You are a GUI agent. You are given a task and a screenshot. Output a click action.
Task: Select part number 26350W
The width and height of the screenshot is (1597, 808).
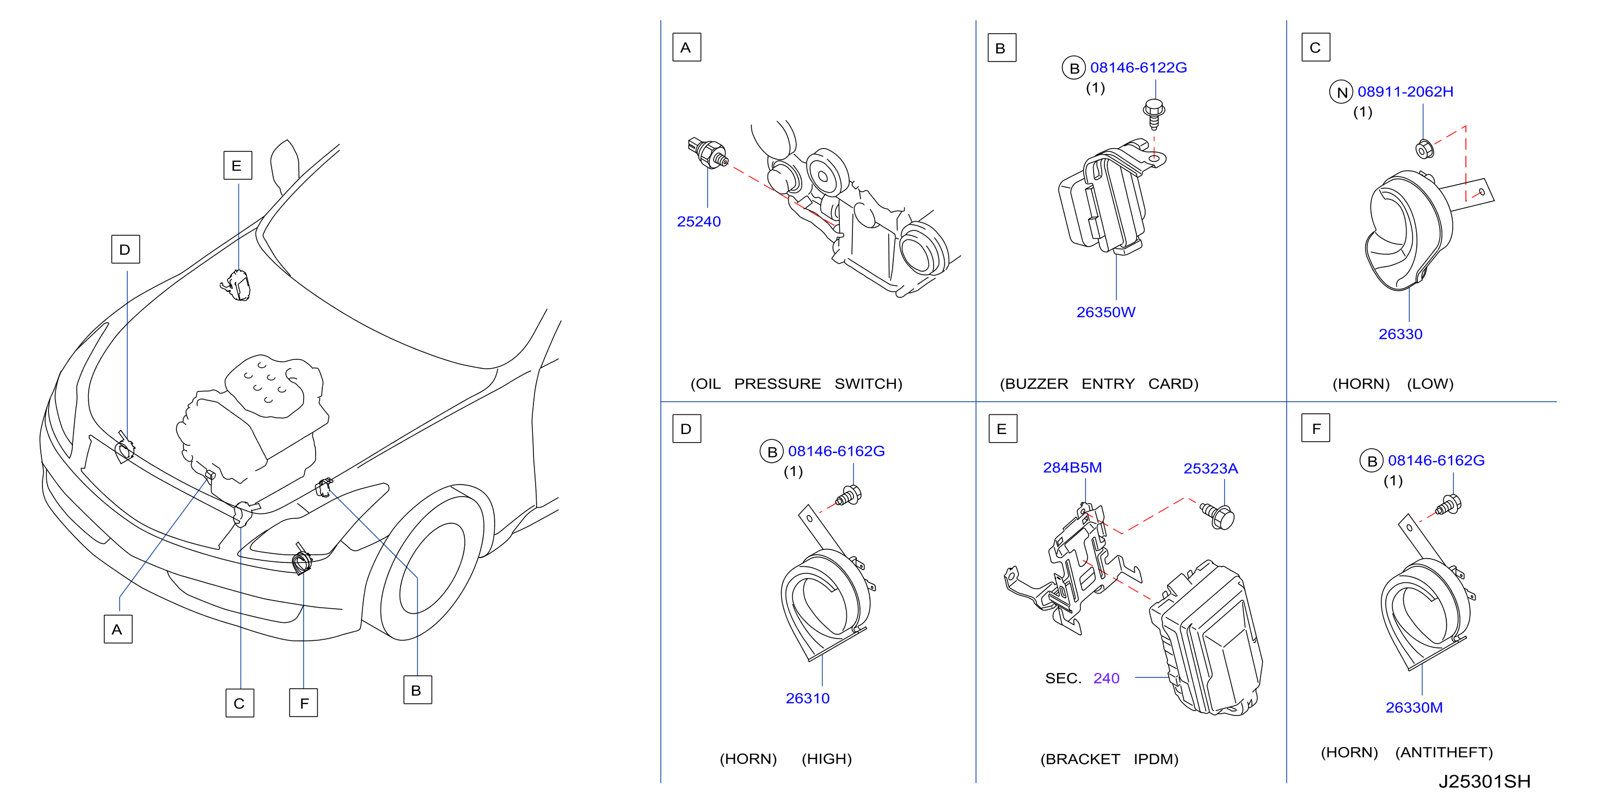1105,312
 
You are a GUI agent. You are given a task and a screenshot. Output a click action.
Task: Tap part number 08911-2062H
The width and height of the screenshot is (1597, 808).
1405,92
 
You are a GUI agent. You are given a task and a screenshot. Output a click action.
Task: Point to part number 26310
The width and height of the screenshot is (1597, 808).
807,698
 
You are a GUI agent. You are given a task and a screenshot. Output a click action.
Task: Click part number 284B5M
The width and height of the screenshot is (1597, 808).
1072,468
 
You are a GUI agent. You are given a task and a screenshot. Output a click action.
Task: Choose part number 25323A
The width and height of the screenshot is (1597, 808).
1210,468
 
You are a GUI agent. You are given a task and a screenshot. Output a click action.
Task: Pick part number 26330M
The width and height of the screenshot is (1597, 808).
1414,707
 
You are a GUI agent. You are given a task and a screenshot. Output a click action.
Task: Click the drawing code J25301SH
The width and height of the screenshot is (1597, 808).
1484,781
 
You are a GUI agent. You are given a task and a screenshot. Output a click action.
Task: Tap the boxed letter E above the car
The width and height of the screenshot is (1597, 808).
237,166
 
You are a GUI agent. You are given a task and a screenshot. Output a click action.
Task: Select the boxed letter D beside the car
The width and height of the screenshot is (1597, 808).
125,249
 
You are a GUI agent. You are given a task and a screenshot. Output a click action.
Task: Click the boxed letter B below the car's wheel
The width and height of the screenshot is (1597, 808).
417,690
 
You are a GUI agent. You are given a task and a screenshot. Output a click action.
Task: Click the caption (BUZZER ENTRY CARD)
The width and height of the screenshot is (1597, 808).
1098,384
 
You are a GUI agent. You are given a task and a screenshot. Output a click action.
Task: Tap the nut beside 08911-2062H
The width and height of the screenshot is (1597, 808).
1424,149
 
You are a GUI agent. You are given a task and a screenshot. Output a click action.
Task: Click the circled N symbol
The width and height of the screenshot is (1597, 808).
1342,93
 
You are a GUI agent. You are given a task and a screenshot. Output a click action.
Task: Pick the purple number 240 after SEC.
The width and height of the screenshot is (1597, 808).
1106,678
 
